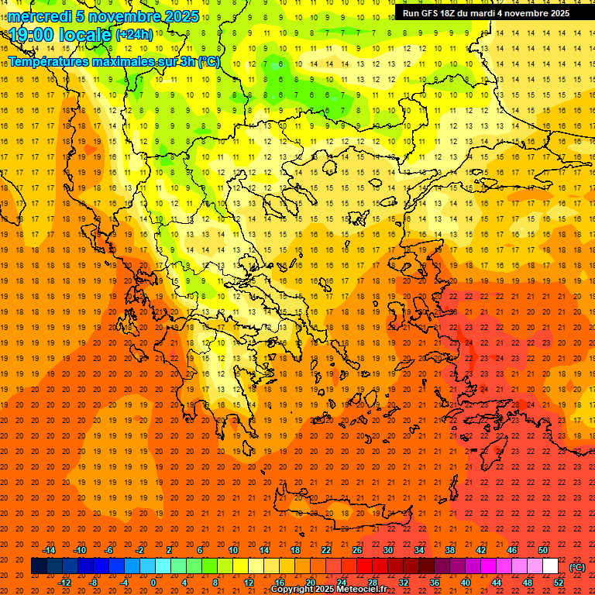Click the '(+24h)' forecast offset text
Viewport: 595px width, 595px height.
134,35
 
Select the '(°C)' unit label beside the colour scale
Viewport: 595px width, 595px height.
577,567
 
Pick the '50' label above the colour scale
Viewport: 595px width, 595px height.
543,550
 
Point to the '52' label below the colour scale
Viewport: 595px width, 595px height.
559,583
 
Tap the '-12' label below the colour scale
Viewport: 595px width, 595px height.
64,583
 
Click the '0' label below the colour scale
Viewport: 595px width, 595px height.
153,583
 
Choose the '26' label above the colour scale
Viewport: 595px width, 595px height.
357,550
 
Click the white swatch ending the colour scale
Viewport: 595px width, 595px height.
550,566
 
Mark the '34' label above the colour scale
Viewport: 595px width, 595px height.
419,550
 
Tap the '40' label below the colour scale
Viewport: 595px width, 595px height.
466,583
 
